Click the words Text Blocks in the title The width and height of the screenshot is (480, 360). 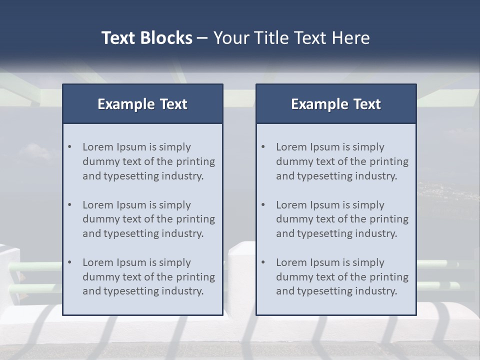(x=146, y=38)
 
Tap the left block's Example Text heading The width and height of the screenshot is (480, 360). (x=142, y=104)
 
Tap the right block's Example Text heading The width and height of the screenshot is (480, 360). (x=336, y=104)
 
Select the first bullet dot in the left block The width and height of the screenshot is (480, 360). (x=69, y=147)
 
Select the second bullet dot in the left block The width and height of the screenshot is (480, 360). (x=69, y=205)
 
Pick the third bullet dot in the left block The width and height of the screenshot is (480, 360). (x=69, y=262)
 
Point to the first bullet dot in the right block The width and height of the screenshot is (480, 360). (x=263, y=147)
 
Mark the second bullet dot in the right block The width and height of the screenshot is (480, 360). (x=263, y=205)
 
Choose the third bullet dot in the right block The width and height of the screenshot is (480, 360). (x=263, y=262)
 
